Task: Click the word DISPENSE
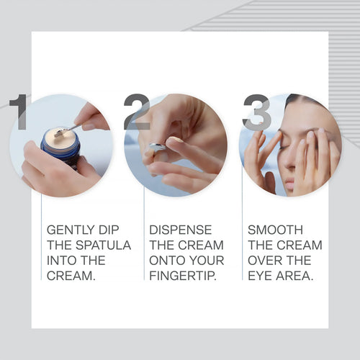point(181,230)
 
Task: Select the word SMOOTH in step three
point(276,230)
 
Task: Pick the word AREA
point(296,276)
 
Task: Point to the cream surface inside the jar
point(58,136)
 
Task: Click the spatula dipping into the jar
point(69,129)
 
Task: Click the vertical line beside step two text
point(143,245)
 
